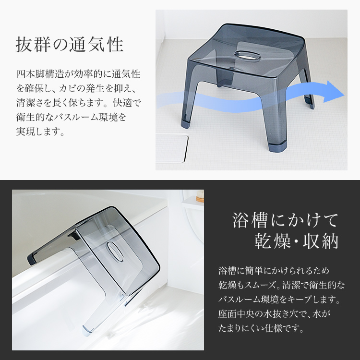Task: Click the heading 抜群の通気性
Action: [70, 45]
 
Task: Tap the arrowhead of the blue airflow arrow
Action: [334, 92]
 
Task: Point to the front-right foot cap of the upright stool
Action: [279, 147]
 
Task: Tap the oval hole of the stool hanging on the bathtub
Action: [114, 252]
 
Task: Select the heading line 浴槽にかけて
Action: [286, 220]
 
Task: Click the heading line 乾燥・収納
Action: [297, 241]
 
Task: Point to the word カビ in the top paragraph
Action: [68, 88]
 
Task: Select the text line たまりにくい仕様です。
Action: [261, 328]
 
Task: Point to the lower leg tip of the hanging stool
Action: [88, 329]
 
